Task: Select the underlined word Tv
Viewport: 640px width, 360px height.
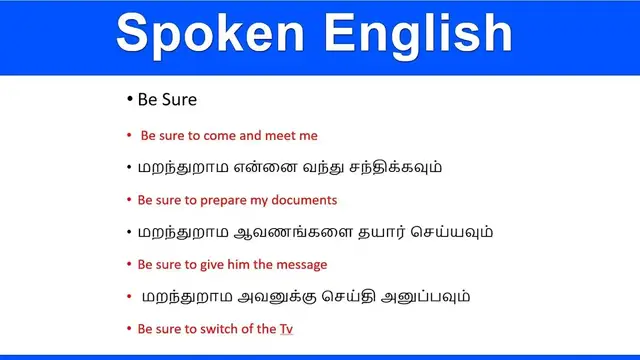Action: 285,328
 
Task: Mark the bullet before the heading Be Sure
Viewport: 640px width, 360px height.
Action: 129,100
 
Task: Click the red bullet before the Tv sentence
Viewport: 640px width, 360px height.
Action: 129,328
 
